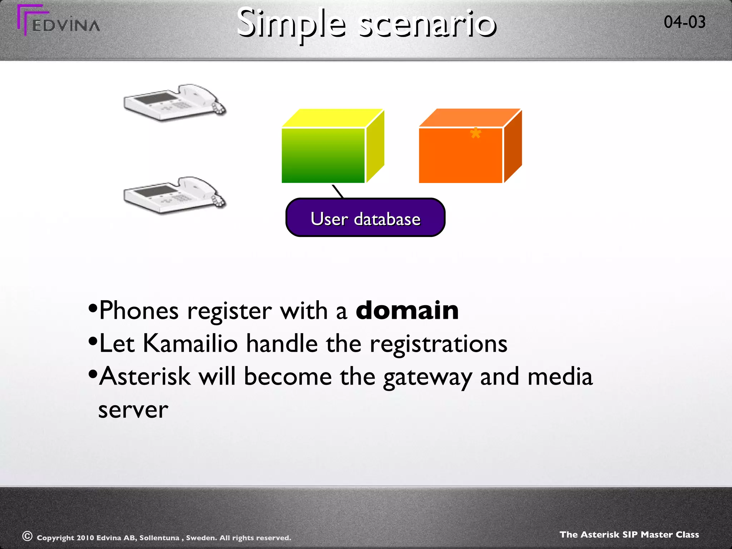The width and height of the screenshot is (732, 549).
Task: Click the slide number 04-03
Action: click(x=684, y=22)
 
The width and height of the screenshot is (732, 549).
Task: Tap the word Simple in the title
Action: click(x=291, y=24)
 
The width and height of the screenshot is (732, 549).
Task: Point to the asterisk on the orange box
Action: click(x=475, y=134)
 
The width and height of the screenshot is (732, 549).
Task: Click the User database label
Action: click(x=365, y=218)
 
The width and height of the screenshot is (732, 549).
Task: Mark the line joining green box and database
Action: click(x=338, y=191)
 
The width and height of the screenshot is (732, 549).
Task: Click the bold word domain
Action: click(x=407, y=310)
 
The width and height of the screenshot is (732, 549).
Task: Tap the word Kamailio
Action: click(x=190, y=343)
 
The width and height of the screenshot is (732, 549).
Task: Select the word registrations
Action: click(x=438, y=343)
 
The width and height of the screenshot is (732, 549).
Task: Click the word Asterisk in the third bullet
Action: click(x=145, y=376)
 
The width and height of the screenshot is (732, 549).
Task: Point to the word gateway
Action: click(x=427, y=377)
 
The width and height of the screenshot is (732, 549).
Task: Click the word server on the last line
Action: click(x=133, y=410)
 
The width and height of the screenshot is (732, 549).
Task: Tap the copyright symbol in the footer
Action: click(x=28, y=536)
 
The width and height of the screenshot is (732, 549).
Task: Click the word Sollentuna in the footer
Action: click(x=159, y=538)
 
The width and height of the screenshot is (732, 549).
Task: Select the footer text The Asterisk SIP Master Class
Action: click(x=629, y=535)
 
